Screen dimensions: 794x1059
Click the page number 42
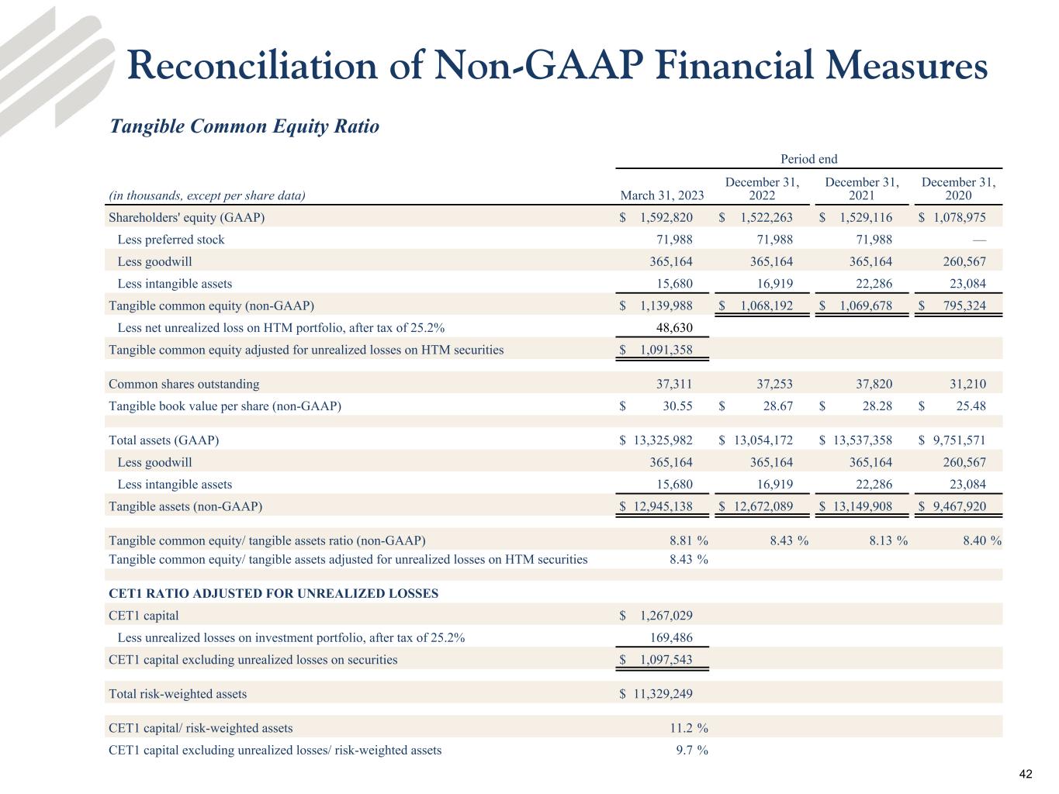coord(1026,775)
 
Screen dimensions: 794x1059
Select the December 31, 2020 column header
coord(958,188)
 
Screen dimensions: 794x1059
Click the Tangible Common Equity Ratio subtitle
coord(244,126)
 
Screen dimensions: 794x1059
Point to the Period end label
coord(808,159)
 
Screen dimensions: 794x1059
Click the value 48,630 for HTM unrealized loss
coord(673,327)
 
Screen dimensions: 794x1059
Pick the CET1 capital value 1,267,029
coord(666,616)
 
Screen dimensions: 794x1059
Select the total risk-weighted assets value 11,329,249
coord(662,694)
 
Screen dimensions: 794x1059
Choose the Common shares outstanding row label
coord(184,384)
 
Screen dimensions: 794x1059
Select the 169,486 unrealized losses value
coord(671,638)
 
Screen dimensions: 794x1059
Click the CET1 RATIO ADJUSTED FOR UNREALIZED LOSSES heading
coord(273,594)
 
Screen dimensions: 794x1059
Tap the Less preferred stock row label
coord(171,240)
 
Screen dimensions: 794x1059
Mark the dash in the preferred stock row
coord(978,240)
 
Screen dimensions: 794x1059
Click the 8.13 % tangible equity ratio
coord(888,540)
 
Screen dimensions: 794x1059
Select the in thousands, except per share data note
coord(206,195)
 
